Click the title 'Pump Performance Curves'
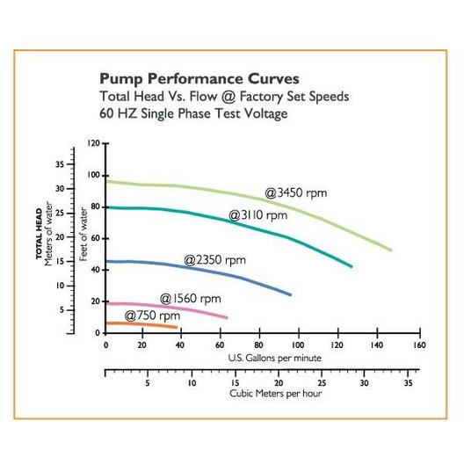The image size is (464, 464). [x=199, y=79]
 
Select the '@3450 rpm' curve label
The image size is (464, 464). [x=296, y=193]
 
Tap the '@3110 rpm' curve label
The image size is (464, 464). [x=258, y=215]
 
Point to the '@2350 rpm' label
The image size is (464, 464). [x=214, y=260]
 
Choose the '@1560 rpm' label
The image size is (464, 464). [x=191, y=299]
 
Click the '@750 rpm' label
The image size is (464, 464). [x=152, y=315]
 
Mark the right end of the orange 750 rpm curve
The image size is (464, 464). [x=177, y=327]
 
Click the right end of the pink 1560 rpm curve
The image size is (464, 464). [x=227, y=317]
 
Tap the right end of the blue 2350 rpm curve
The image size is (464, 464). [x=291, y=294]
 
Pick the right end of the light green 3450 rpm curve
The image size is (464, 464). [x=391, y=250]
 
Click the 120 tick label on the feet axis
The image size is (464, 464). [x=94, y=143]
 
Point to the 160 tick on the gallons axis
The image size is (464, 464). [x=419, y=345]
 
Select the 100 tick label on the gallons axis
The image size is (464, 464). [x=298, y=345]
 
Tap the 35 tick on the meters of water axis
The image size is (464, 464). [x=60, y=164]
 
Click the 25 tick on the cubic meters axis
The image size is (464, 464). [x=322, y=383]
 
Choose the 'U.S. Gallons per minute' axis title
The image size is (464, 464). [x=274, y=358]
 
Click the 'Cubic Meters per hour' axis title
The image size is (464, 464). [x=276, y=394]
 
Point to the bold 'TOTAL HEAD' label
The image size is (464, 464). [x=39, y=234]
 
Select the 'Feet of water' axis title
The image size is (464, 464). [x=83, y=234]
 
